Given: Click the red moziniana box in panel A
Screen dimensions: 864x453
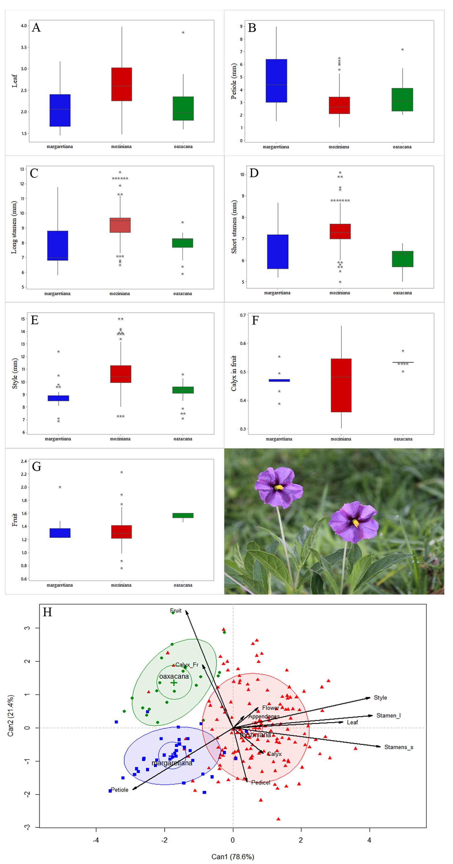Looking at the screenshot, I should [121, 84].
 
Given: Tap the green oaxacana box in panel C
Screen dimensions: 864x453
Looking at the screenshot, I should [183, 243].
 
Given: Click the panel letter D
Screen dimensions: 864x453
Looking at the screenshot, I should [254, 173].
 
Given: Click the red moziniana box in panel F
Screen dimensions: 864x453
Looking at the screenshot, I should [341, 385].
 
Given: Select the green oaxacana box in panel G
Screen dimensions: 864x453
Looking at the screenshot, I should [183, 515].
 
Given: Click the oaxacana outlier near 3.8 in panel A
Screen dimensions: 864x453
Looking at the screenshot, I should [183, 33].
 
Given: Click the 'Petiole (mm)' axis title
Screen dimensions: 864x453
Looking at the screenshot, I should [234, 81].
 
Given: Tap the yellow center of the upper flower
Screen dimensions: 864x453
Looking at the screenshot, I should [279, 487].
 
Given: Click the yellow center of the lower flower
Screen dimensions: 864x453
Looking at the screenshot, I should [355, 522].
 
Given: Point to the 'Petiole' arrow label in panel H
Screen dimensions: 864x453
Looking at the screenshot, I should [119, 790].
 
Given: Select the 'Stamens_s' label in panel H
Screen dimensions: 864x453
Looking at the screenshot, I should [399, 747].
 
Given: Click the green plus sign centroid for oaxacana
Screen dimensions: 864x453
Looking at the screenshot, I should [174, 682].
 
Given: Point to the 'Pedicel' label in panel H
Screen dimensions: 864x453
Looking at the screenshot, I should [261, 782].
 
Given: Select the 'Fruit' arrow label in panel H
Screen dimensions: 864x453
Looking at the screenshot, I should [176, 610].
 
